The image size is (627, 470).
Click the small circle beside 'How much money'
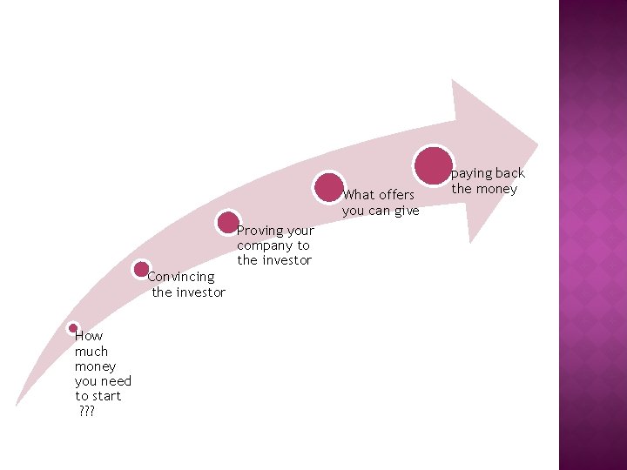73,328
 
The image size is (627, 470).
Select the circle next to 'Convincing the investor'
141,270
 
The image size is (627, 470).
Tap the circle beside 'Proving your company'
228,222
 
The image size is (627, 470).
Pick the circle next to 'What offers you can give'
329,187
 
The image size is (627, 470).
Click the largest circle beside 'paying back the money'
433,165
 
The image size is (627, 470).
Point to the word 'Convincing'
181,277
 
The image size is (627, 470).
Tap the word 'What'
360,195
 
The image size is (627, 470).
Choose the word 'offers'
397,195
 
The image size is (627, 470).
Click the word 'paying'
471,173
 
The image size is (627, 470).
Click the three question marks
85,411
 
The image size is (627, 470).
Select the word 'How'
89,336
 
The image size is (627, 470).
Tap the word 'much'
91,352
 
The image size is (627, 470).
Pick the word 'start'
105,396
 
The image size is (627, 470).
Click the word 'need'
116,381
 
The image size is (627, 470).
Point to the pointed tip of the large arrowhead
537,142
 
